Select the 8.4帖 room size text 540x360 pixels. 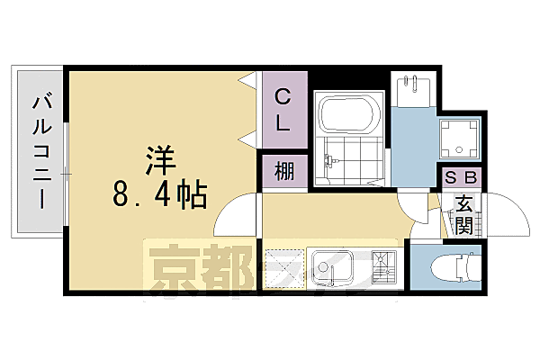point(160,192)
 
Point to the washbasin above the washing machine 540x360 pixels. point(413,91)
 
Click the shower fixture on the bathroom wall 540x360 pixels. point(328,162)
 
